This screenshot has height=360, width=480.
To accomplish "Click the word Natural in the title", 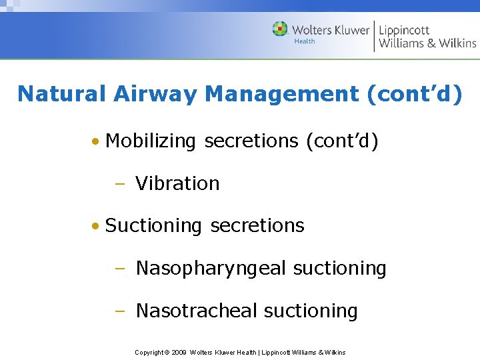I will (60, 94).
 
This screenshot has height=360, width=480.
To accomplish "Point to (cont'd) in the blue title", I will (414, 94).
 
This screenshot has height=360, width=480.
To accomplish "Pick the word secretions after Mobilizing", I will (251, 141).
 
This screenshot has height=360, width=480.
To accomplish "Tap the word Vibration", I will (177, 183).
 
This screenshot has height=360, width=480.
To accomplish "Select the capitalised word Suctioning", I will (153, 226).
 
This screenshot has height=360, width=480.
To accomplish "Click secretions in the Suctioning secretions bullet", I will (257, 226).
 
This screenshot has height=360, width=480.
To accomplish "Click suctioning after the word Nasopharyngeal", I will (340, 269).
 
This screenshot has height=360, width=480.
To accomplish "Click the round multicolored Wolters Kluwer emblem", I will (280, 29).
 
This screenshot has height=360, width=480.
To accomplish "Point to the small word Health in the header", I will (305, 41).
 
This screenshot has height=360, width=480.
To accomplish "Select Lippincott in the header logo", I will (405, 30).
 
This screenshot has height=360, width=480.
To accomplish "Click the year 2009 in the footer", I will (179, 352).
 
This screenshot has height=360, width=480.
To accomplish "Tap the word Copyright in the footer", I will (149, 352).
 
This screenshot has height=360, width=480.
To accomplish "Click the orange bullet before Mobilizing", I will (97, 142).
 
